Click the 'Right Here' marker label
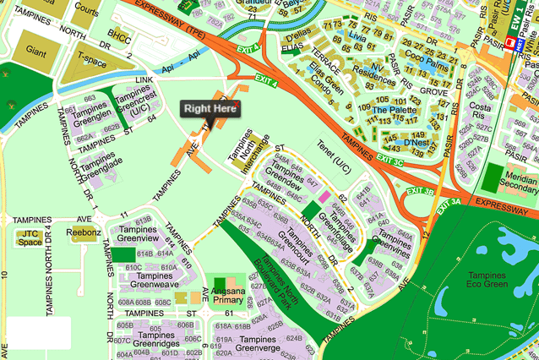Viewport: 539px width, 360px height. [x=210, y=109]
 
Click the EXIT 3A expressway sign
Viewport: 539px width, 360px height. [x=449, y=201]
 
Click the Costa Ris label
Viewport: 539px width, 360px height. [x=481, y=113]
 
